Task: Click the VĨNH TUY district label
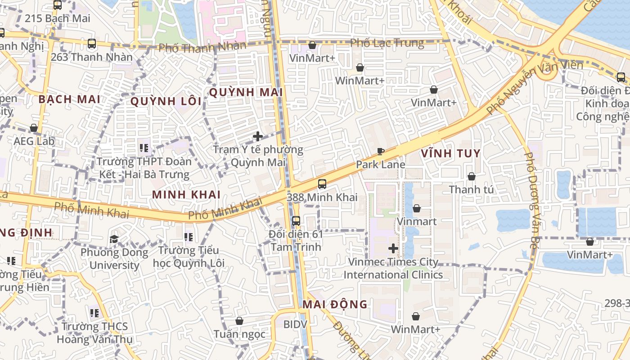451,153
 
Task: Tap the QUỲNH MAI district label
246,92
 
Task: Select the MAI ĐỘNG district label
335,305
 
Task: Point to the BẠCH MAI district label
69,99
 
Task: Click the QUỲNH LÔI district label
166,101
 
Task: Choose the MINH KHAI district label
186,194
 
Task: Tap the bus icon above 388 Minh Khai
322,184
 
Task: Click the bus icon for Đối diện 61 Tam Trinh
296,221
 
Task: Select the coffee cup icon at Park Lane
380,152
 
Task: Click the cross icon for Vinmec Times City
393,248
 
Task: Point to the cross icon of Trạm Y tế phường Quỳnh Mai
258,136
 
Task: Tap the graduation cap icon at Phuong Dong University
114,239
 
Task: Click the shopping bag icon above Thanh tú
471,176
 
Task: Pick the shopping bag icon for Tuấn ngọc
239,321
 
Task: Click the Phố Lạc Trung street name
387,43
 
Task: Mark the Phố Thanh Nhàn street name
202,46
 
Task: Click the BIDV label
295,324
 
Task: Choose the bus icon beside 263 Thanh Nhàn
92,44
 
